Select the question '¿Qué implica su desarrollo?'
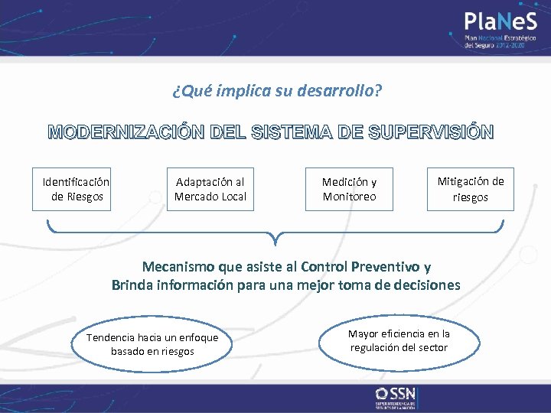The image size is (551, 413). point(277,92)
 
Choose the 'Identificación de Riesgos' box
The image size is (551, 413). point(76,189)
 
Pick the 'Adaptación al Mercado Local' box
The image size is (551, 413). point(210,189)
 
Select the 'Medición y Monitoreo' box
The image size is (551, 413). point(349,189)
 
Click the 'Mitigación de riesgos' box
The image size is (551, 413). point(471,189)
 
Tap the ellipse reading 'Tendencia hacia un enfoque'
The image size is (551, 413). point(152,344)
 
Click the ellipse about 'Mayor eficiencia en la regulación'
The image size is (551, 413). point(399,341)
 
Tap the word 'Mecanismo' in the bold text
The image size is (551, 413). point(178,267)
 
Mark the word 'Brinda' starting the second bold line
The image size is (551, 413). point(131,285)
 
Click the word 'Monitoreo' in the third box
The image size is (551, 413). point(349,197)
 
